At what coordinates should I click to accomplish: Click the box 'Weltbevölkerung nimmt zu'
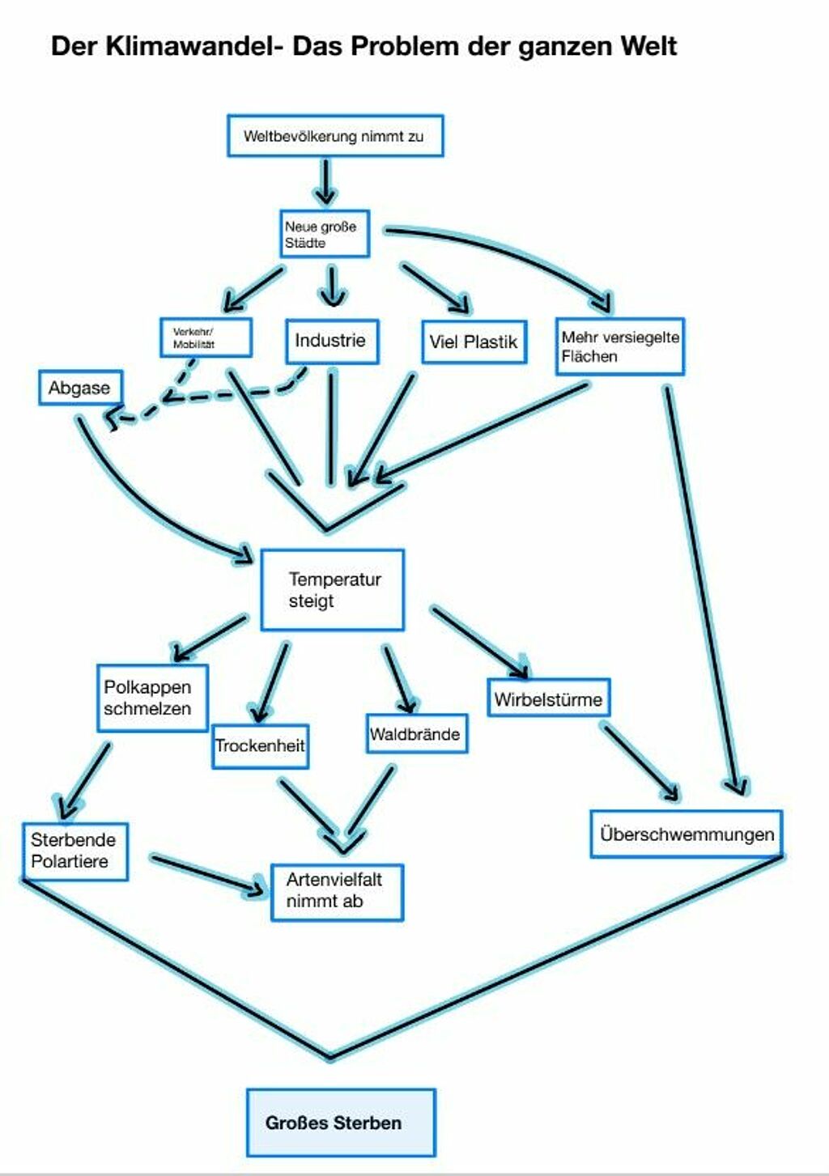pyautogui.click(x=334, y=136)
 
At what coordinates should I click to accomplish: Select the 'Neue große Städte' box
pyautogui.click(x=325, y=234)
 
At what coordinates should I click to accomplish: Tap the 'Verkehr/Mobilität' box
pyautogui.click(x=206, y=338)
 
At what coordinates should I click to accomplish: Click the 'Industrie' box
pyautogui.click(x=331, y=341)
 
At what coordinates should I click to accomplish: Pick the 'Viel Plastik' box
pyautogui.click(x=474, y=342)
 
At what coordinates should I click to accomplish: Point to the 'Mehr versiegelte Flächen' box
pyautogui.click(x=619, y=346)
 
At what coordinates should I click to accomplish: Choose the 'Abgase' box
pyautogui.click(x=79, y=388)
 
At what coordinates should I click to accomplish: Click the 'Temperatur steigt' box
pyautogui.click(x=332, y=590)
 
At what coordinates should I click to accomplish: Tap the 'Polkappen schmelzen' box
pyautogui.click(x=152, y=698)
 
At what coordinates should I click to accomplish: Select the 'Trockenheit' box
pyautogui.click(x=260, y=745)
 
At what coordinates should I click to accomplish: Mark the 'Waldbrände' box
pyautogui.click(x=416, y=734)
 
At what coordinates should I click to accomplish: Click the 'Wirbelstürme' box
pyautogui.click(x=548, y=698)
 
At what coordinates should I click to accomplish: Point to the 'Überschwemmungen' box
pyautogui.click(x=686, y=834)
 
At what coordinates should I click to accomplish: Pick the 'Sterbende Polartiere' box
pyautogui.click(x=74, y=851)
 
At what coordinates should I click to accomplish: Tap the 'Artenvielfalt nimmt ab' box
pyautogui.click(x=336, y=891)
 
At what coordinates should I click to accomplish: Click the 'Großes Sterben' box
pyautogui.click(x=341, y=1123)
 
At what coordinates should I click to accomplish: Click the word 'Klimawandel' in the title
pyautogui.click(x=193, y=46)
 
